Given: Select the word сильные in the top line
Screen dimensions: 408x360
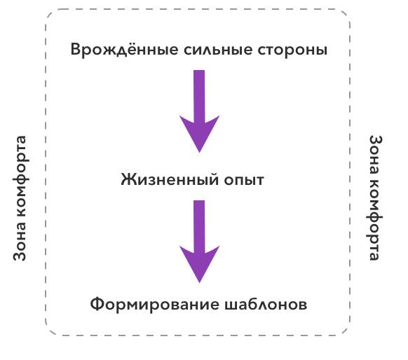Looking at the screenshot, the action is (218, 50).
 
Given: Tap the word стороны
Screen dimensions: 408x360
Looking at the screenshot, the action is (292, 50).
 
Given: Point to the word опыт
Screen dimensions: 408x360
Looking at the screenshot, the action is (244, 180).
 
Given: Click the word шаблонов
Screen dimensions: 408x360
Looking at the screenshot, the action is (266, 304).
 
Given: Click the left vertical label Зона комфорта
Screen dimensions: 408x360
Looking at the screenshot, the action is (20, 198).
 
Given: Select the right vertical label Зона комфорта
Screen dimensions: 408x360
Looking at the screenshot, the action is (376, 198).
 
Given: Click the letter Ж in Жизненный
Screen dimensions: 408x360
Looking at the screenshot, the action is (129, 179).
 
